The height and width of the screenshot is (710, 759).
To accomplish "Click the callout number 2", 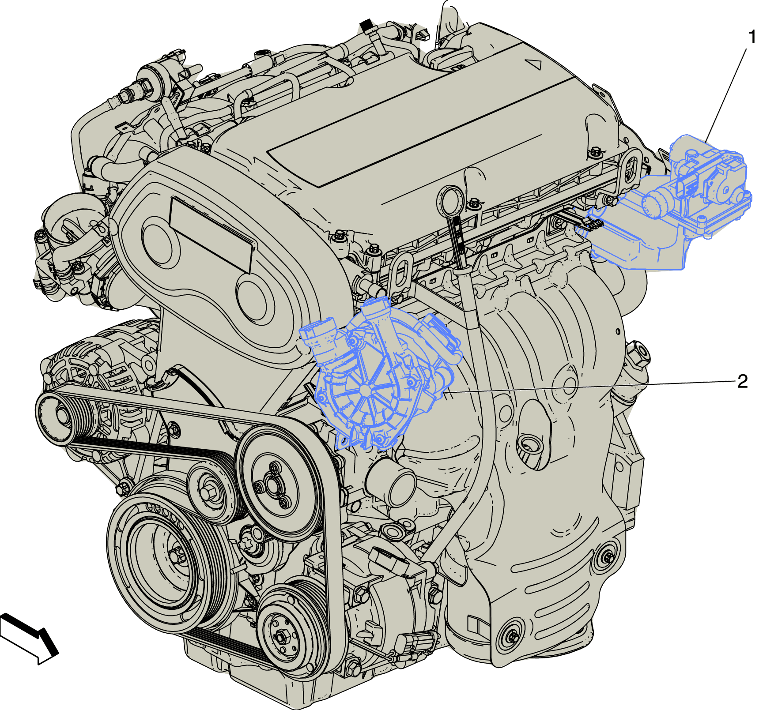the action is pos(742,381).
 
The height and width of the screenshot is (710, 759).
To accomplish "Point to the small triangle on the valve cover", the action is pos(535,64).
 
